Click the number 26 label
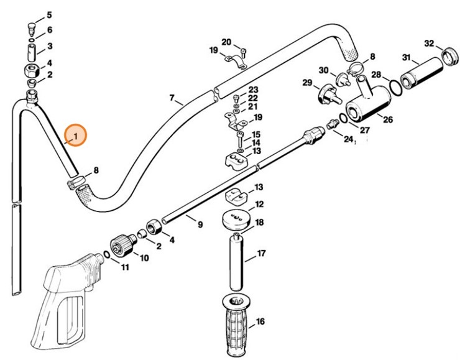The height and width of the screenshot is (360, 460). tap(388, 120)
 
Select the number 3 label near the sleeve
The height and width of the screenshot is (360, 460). tap(50, 46)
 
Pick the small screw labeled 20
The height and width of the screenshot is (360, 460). tap(244, 50)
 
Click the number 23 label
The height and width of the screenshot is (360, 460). tap(253, 91)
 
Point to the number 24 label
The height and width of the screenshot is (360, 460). tap(348, 140)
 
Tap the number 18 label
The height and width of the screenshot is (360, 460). tap(260, 223)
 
